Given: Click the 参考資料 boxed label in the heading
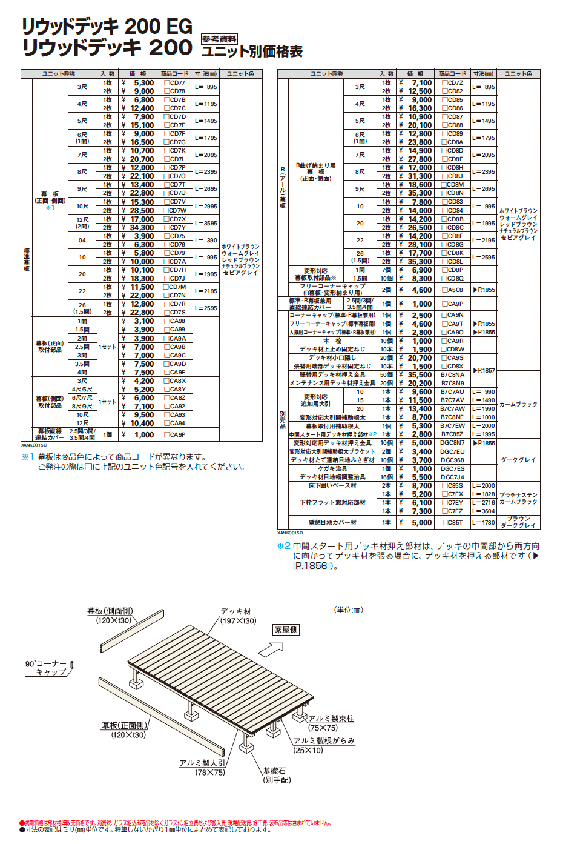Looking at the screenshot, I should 219,39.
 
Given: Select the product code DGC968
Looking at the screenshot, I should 452,460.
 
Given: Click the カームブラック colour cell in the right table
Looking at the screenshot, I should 518,404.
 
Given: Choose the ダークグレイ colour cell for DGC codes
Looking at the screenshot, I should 518,460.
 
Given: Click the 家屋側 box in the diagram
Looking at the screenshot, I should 286,630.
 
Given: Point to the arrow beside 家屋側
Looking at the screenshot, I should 271,649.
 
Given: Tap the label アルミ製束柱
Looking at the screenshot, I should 331,719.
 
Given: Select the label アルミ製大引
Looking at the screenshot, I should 202,763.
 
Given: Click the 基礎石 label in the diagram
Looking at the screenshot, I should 274,771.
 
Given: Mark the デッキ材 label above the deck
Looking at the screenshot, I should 235,611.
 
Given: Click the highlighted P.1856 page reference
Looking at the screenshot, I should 311,566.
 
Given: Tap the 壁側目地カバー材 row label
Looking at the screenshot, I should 332,522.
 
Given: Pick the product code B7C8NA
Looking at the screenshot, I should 452,375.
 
